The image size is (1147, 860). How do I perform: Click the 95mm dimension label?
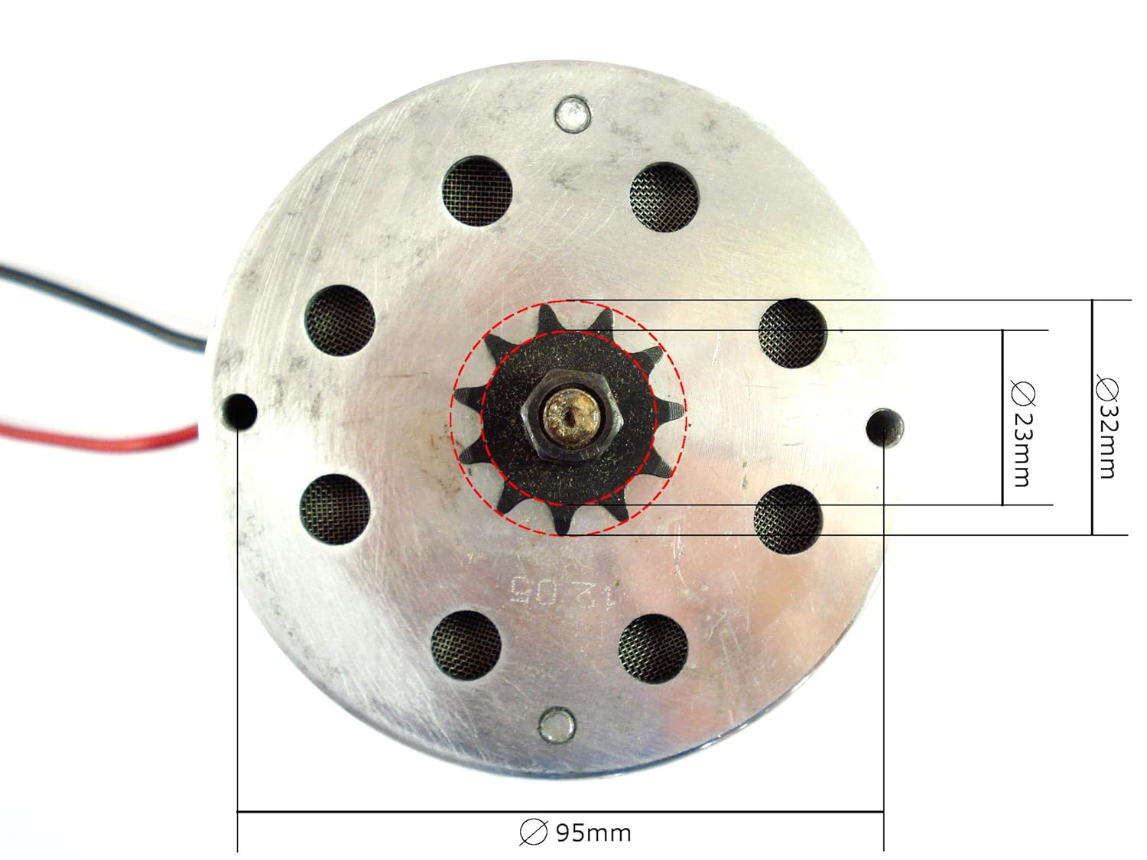(575, 832)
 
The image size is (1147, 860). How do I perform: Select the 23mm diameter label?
(1022, 433)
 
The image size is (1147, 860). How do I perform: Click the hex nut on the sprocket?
(572, 416)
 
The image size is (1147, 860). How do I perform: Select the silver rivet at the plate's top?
(573, 113)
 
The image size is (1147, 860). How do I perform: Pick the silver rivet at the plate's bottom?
(557, 725)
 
